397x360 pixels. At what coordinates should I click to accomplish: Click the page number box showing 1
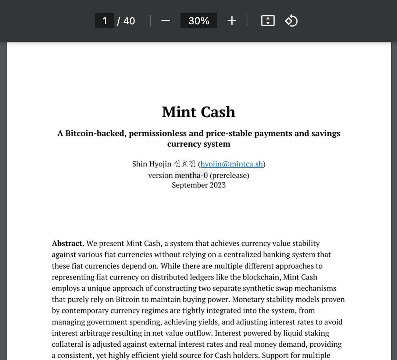[105, 21]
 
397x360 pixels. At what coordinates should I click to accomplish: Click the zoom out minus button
[166, 21]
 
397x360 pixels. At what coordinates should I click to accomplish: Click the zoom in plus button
[232, 21]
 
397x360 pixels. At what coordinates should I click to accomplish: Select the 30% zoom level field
[198, 21]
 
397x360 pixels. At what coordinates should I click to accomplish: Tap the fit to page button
[268, 21]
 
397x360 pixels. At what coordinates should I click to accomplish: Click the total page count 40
[129, 21]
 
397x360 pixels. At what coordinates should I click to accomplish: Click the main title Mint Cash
[198, 112]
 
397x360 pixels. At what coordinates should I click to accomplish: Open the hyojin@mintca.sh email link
[232, 164]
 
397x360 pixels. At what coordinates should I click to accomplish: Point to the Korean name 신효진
[185, 164]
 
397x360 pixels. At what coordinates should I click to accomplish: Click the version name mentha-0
[191, 175]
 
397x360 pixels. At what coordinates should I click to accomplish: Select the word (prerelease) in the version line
[229, 175]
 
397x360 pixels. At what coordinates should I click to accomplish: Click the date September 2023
[198, 185]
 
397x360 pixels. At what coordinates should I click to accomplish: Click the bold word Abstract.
[68, 244]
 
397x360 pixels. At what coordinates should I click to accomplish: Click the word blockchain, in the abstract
[261, 277]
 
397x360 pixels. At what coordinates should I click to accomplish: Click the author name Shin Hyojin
[151, 164]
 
